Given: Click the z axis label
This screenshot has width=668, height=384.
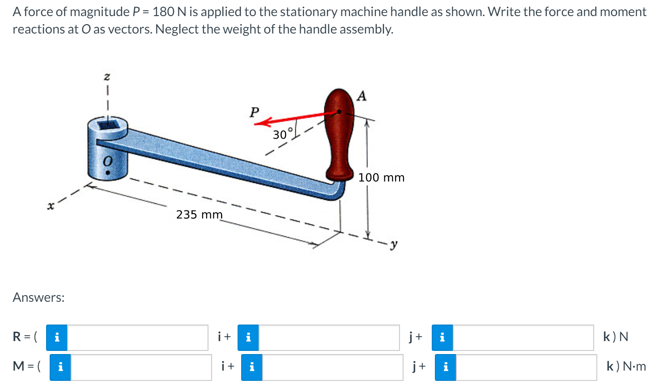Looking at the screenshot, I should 106,77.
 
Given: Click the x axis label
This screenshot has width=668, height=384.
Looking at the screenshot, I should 51,206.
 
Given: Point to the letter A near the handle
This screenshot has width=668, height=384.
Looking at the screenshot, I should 362,96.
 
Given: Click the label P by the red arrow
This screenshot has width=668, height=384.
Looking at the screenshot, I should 254,112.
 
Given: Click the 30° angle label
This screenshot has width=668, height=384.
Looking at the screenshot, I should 282,134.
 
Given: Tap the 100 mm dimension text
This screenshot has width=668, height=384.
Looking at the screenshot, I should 381,177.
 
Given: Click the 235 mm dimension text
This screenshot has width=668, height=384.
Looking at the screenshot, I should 199,215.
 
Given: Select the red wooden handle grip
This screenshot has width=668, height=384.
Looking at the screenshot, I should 339,134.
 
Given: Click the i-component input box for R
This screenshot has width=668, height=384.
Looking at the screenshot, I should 137,338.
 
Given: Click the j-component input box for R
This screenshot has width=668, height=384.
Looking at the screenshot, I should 329,338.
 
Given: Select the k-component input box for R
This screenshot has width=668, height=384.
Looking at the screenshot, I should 523,338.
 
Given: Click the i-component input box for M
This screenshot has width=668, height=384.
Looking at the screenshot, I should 141,367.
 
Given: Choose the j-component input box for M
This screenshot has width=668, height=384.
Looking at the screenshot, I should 332,367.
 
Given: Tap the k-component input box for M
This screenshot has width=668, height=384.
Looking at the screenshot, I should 526,367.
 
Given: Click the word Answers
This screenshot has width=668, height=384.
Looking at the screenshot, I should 38,297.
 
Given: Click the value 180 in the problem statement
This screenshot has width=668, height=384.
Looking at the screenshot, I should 164,12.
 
